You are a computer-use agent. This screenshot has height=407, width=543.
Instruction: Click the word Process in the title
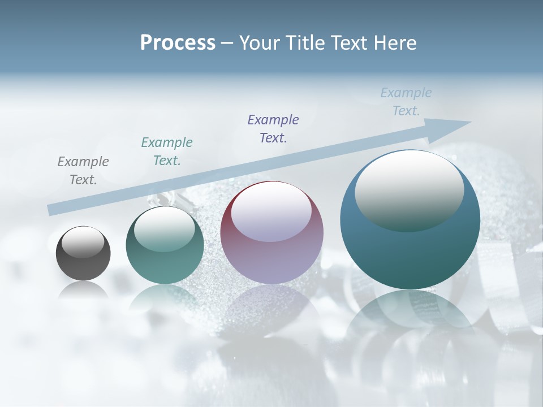(x=178, y=43)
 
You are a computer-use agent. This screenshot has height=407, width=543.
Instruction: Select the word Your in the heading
(x=258, y=43)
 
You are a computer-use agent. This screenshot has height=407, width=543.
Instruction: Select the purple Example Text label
(x=273, y=128)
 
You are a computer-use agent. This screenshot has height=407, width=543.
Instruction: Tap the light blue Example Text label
(x=406, y=102)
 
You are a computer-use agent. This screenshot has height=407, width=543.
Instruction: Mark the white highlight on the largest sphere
(x=409, y=191)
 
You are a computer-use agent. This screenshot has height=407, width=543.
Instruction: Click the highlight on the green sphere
(x=165, y=230)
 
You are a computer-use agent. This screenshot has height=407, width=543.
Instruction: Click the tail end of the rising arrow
(x=52, y=210)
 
